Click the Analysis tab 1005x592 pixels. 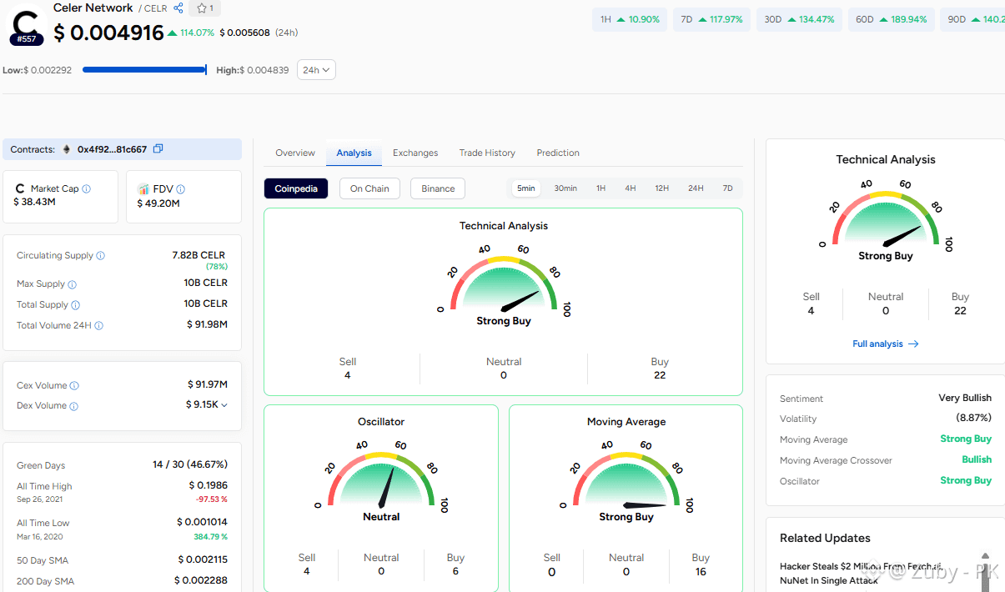354,153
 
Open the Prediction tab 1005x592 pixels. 558,153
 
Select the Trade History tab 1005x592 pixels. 487,153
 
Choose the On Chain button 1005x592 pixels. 369,188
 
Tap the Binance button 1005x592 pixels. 438,188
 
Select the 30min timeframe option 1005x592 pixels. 565,188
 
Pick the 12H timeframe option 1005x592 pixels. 661,188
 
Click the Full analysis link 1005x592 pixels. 885,344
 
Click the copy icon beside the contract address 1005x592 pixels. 158,148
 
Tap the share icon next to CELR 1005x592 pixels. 178,8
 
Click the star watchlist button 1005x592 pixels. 204,8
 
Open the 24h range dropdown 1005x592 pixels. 316,70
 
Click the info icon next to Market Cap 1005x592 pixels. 87,188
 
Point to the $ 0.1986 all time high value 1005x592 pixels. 209,485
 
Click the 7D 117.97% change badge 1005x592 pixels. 711,20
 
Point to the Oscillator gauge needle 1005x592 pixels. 386,488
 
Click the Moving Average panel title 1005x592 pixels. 626,422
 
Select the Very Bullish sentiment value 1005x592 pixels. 965,398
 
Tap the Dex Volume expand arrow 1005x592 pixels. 224,405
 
